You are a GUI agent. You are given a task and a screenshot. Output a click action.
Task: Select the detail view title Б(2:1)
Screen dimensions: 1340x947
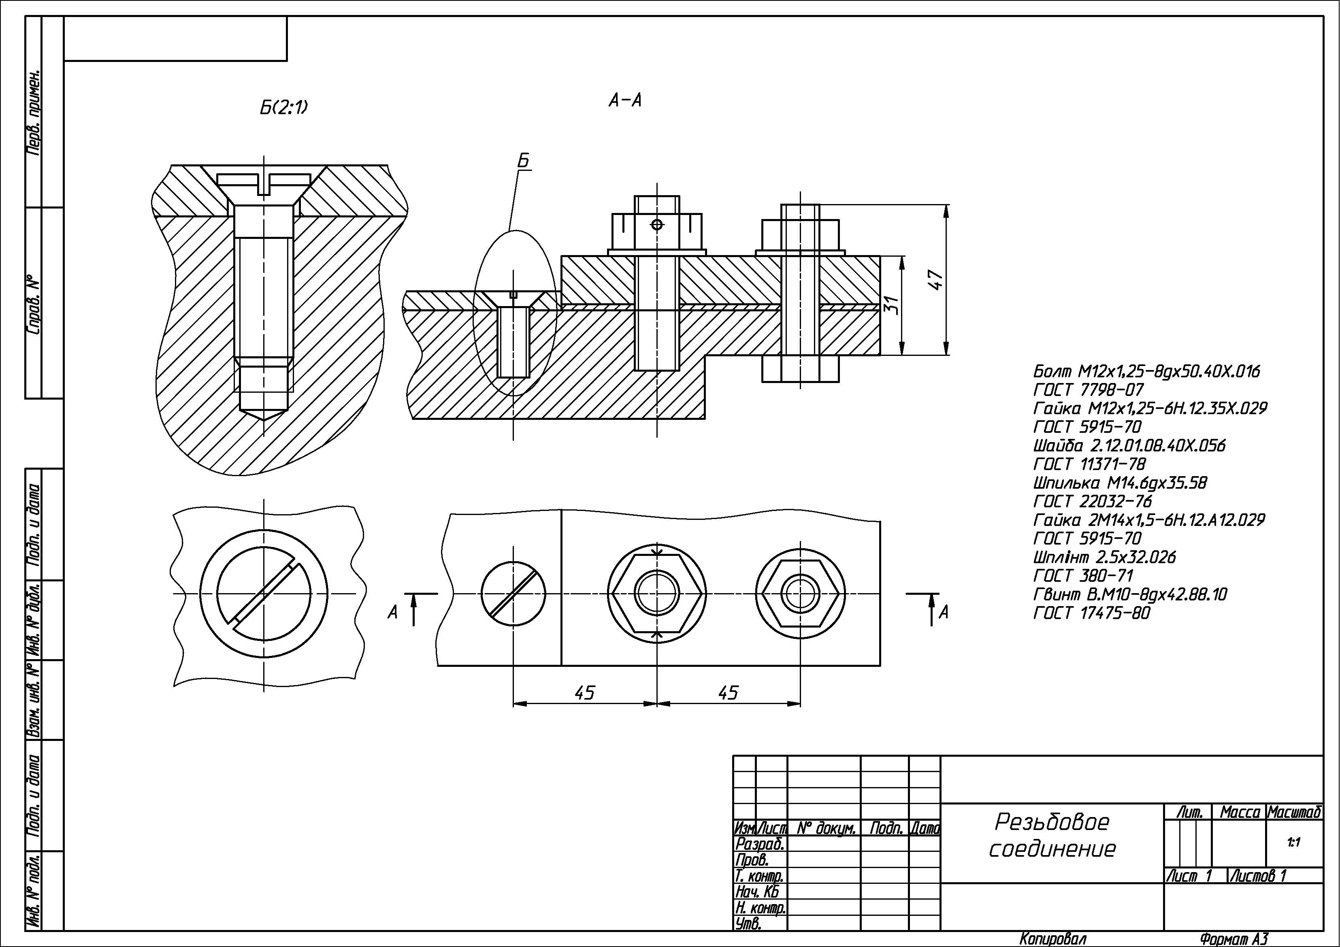283,107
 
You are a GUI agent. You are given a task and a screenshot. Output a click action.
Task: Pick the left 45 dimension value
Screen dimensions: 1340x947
584,693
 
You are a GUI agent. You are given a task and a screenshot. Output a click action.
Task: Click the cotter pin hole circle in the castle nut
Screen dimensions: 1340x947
657,224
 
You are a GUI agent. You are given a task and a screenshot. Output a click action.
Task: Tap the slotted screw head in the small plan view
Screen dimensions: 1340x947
513,594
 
